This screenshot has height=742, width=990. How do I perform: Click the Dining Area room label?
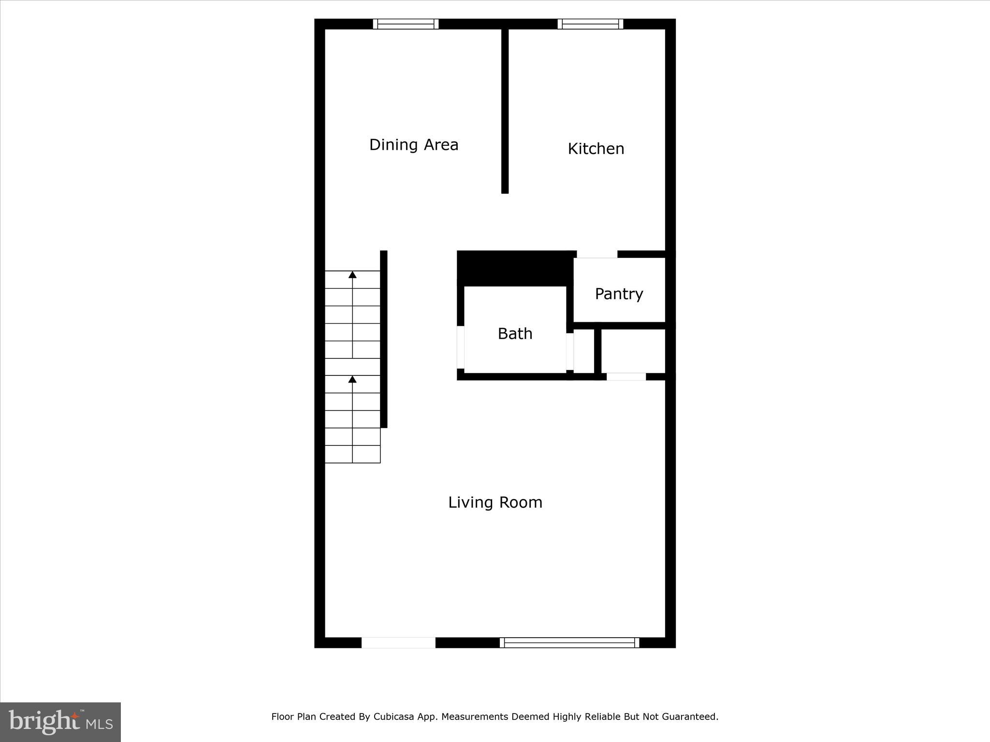coord(413,145)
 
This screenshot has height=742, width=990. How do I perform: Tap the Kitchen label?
coord(596,149)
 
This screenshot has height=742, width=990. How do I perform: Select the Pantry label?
coord(619,294)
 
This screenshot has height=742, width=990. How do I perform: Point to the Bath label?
coord(515,334)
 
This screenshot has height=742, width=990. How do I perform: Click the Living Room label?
coord(495,502)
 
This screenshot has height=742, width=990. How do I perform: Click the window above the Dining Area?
coord(406,24)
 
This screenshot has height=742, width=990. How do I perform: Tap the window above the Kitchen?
coord(590,24)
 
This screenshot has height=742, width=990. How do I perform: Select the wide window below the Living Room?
coord(569,642)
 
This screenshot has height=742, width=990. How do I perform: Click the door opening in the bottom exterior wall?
coord(398,642)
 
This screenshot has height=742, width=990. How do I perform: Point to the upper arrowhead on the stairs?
coord(352,275)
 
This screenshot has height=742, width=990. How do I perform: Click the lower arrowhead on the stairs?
coord(352,380)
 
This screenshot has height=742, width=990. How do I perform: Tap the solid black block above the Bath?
coord(515,269)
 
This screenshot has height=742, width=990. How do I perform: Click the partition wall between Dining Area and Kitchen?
coord(505,111)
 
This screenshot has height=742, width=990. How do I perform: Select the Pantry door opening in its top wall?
coord(597,254)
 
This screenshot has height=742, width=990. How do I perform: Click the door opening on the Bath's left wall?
coord(461,347)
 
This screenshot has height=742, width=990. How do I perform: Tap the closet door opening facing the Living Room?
coord(626,377)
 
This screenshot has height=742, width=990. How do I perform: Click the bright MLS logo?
coord(60,722)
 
